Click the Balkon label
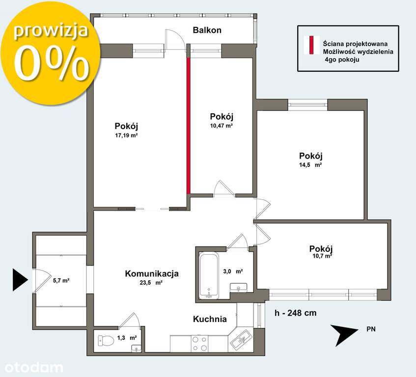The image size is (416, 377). click(207, 30)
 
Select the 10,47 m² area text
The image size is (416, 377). click(221, 126)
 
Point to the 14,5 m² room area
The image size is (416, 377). click(311, 165)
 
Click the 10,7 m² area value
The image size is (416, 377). click(321, 256)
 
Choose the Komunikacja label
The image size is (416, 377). click(151, 274)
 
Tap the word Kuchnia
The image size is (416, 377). click(210, 319)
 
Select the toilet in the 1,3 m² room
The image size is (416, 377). click(104, 340)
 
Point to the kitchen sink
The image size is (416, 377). click(240, 339)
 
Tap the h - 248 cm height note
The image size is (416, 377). click(295, 313)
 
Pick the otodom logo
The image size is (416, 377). click(34, 367)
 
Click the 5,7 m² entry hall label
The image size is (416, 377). click(61, 281)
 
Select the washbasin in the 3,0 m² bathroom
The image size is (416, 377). click(240, 287)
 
